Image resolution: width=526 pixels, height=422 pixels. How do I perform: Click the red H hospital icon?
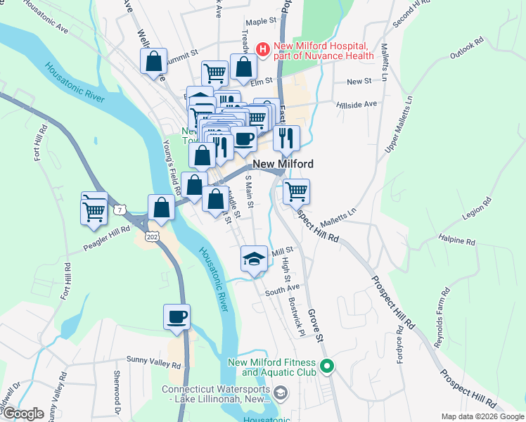click(262, 49)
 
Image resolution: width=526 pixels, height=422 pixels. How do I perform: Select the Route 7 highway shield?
click(121, 210)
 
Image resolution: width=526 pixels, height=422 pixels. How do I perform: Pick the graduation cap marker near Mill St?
click(254, 258)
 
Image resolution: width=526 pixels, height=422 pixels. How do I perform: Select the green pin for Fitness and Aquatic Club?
click(326, 366)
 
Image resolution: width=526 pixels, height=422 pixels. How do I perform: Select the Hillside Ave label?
click(357, 103)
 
